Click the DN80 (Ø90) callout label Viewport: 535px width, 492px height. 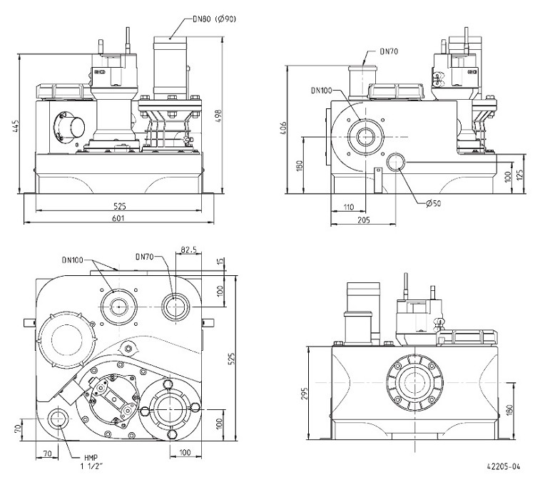coord(214,19)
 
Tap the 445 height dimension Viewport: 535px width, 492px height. coord(16,125)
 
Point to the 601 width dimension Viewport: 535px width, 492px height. coord(118,218)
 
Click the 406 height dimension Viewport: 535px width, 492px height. coord(283,128)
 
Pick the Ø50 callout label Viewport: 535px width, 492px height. coord(433,203)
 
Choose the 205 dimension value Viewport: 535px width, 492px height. coord(363,220)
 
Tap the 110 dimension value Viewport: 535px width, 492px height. coord(348,207)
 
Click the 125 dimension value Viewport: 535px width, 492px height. coord(520,174)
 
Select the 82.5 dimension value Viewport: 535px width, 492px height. coord(189,250)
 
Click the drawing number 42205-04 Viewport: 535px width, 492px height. coord(504,467)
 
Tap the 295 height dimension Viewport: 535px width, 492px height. coord(305,393)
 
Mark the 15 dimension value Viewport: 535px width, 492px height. coord(220,262)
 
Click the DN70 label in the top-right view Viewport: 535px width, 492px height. coord(389,51)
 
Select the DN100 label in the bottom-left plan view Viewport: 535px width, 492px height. coord(73,260)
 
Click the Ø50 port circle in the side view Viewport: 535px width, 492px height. coord(396,162)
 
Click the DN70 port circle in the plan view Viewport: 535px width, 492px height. coord(175,307)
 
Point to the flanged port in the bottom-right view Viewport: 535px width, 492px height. coord(415,383)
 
